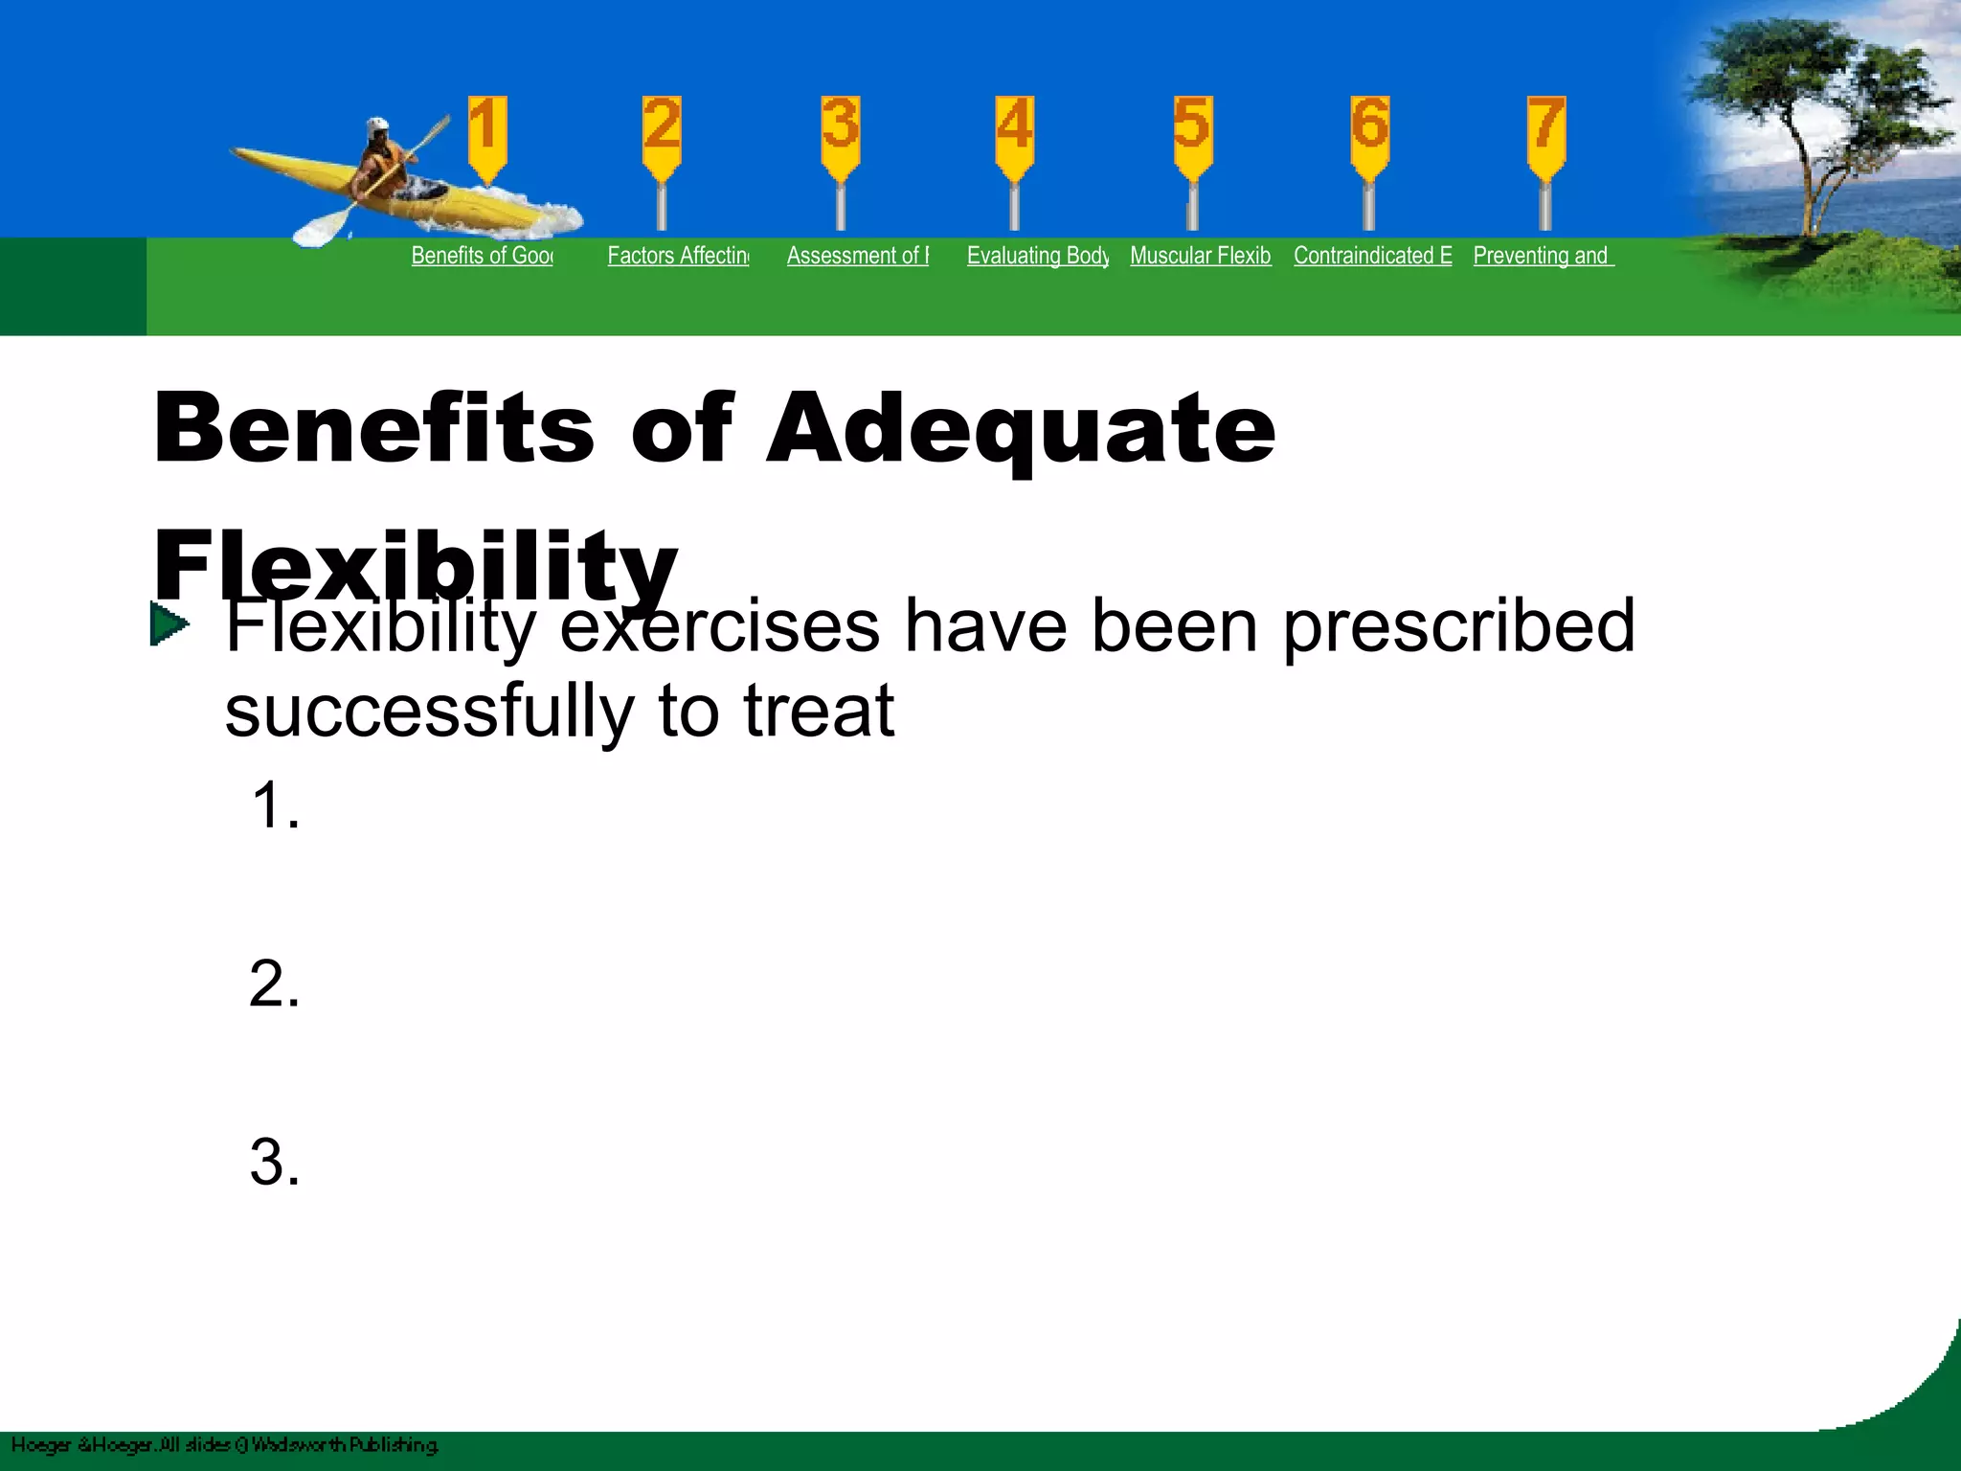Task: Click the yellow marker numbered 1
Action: (x=486, y=134)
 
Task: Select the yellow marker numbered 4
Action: (x=1014, y=134)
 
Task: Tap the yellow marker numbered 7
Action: (x=1545, y=134)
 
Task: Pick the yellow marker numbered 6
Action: (x=1369, y=134)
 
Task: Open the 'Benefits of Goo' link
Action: (x=482, y=256)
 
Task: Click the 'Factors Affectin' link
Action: (x=678, y=256)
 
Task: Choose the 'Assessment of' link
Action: (x=857, y=256)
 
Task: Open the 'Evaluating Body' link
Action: (x=1037, y=256)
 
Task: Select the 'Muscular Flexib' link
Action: (x=1200, y=256)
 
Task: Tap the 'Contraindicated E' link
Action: (x=1372, y=256)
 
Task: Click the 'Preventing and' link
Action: (x=1543, y=256)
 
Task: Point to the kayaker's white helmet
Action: (x=377, y=127)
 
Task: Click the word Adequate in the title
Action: (x=1020, y=430)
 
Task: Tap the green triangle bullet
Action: (x=169, y=625)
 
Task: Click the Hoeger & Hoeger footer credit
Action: (x=225, y=1444)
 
